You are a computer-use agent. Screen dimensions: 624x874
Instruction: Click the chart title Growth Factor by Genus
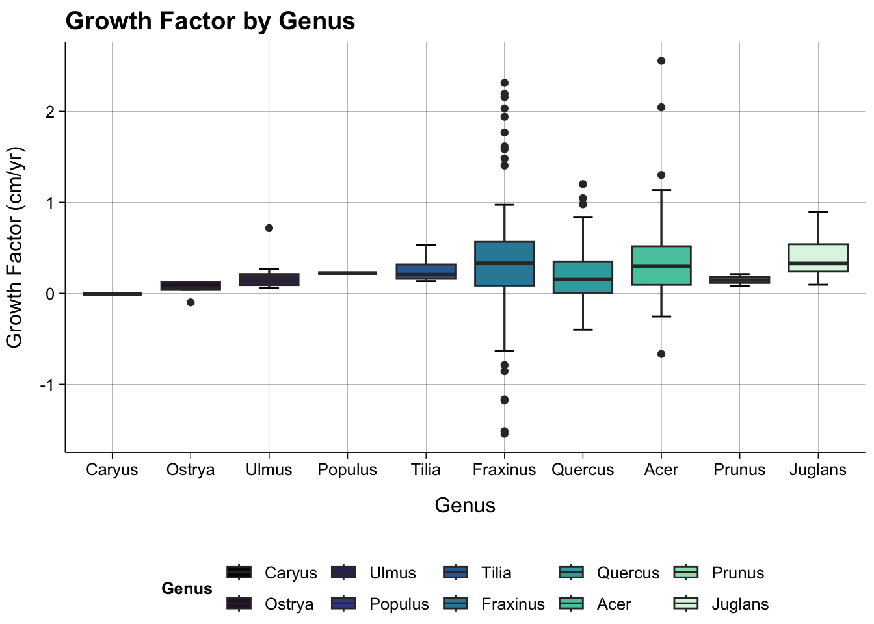pos(210,21)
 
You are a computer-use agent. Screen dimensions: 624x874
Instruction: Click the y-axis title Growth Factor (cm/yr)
pos(14,247)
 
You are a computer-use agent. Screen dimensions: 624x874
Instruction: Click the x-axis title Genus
pos(465,505)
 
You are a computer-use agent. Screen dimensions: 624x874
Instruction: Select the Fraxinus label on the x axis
pos(504,470)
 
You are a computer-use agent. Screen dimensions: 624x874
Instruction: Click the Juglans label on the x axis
pos(817,470)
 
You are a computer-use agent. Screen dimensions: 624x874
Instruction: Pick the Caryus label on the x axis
pos(112,470)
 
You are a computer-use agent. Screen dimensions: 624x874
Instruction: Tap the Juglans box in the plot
pos(817,257)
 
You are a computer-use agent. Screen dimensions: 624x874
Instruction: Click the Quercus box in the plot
pos(583,277)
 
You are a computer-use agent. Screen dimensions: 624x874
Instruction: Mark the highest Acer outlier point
pos(661,61)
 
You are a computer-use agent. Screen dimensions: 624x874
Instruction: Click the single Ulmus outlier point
pos(269,228)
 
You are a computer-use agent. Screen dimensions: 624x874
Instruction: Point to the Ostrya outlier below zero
pos(191,302)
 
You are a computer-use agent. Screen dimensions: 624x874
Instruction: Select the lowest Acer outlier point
pos(661,354)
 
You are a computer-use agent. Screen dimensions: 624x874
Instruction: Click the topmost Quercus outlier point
pos(583,185)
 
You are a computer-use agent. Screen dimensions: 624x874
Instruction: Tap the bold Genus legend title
pos(187,588)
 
